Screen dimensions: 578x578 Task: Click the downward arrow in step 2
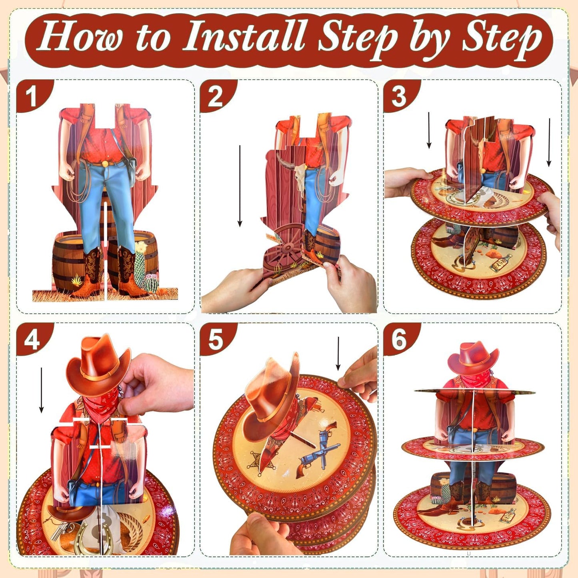(x=240, y=186)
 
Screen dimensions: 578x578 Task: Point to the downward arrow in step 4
(x=41, y=390)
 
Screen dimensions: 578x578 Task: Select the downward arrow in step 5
(x=338, y=354)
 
